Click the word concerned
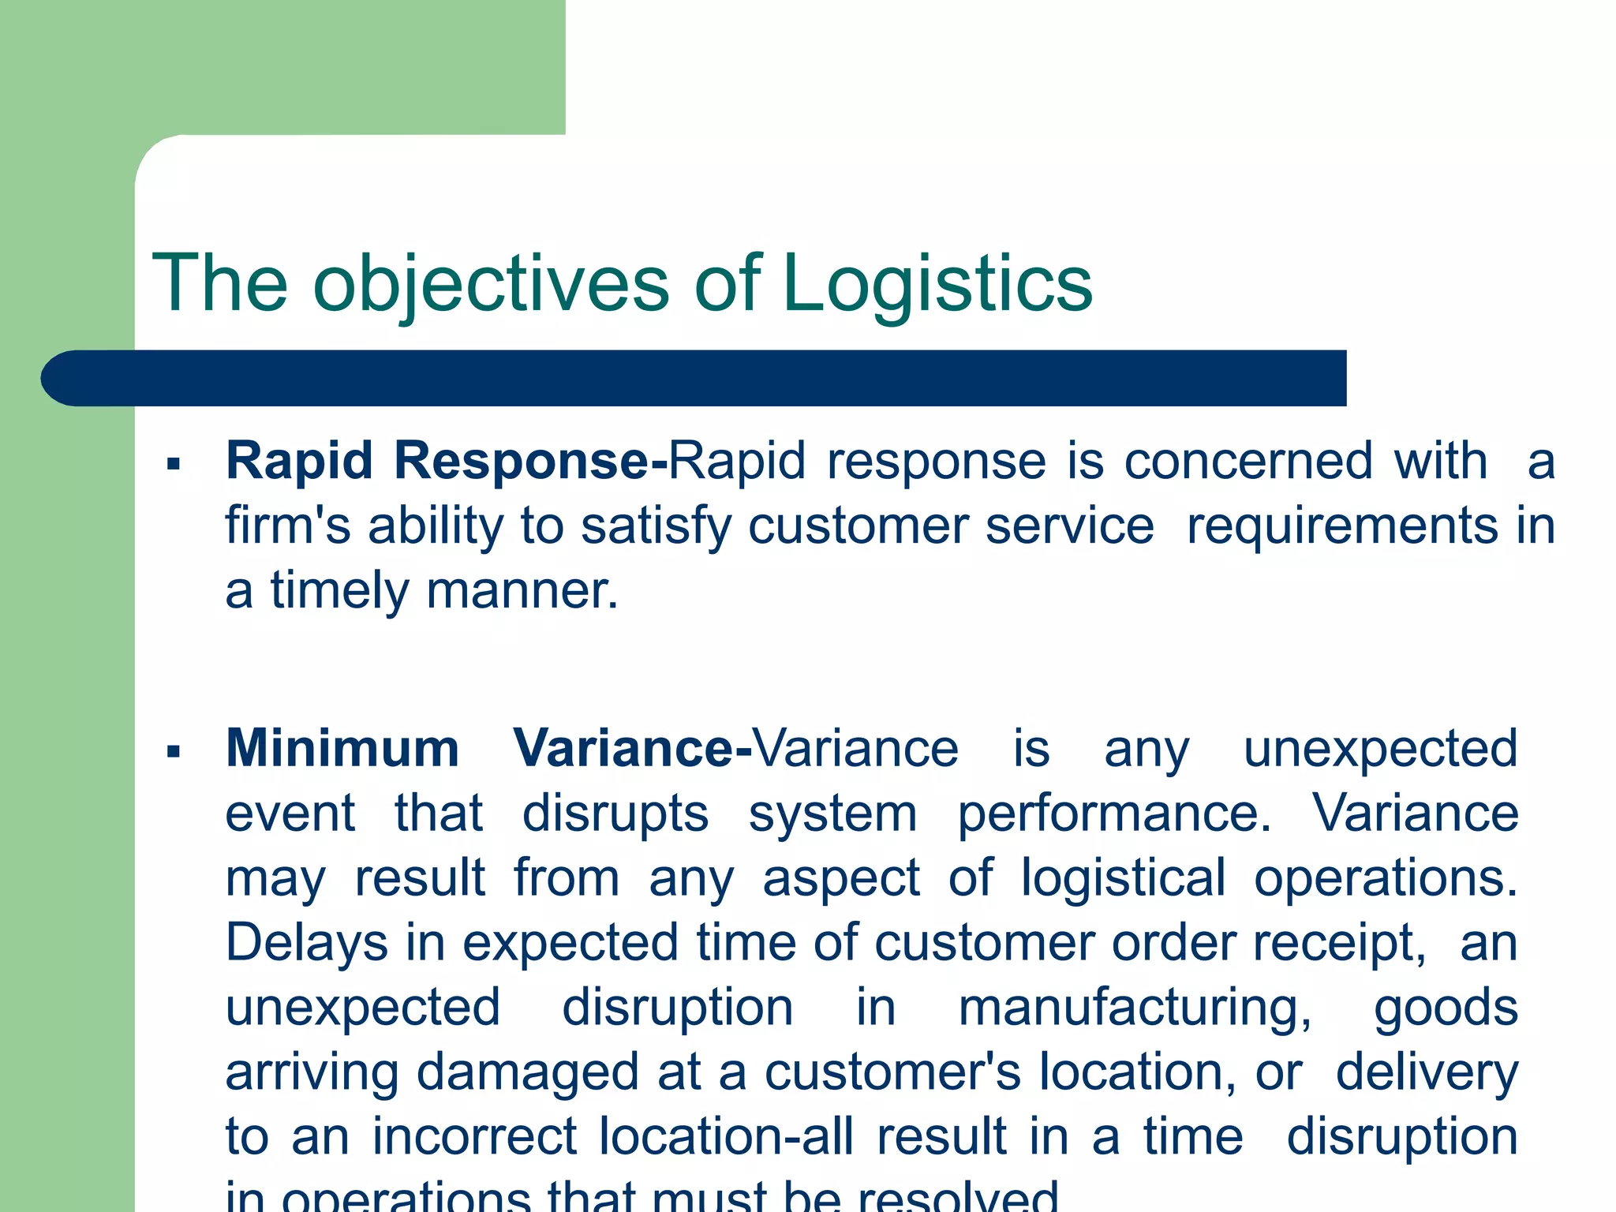(x=1248, y=460)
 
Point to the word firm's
(x=287, y=526)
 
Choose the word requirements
(x=1341, y=527)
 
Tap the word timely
(x=340, y=592)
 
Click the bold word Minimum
(x=342, y=748)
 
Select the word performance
(x=1114, y=814)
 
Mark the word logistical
(x=1124, y=878)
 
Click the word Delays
(x=307, y=944)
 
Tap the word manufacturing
(x=1135, y=1008)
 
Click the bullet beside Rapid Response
(x=174, y=464)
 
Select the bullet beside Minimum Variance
(x=174, y=751)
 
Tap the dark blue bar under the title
(x=694, y=378)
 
